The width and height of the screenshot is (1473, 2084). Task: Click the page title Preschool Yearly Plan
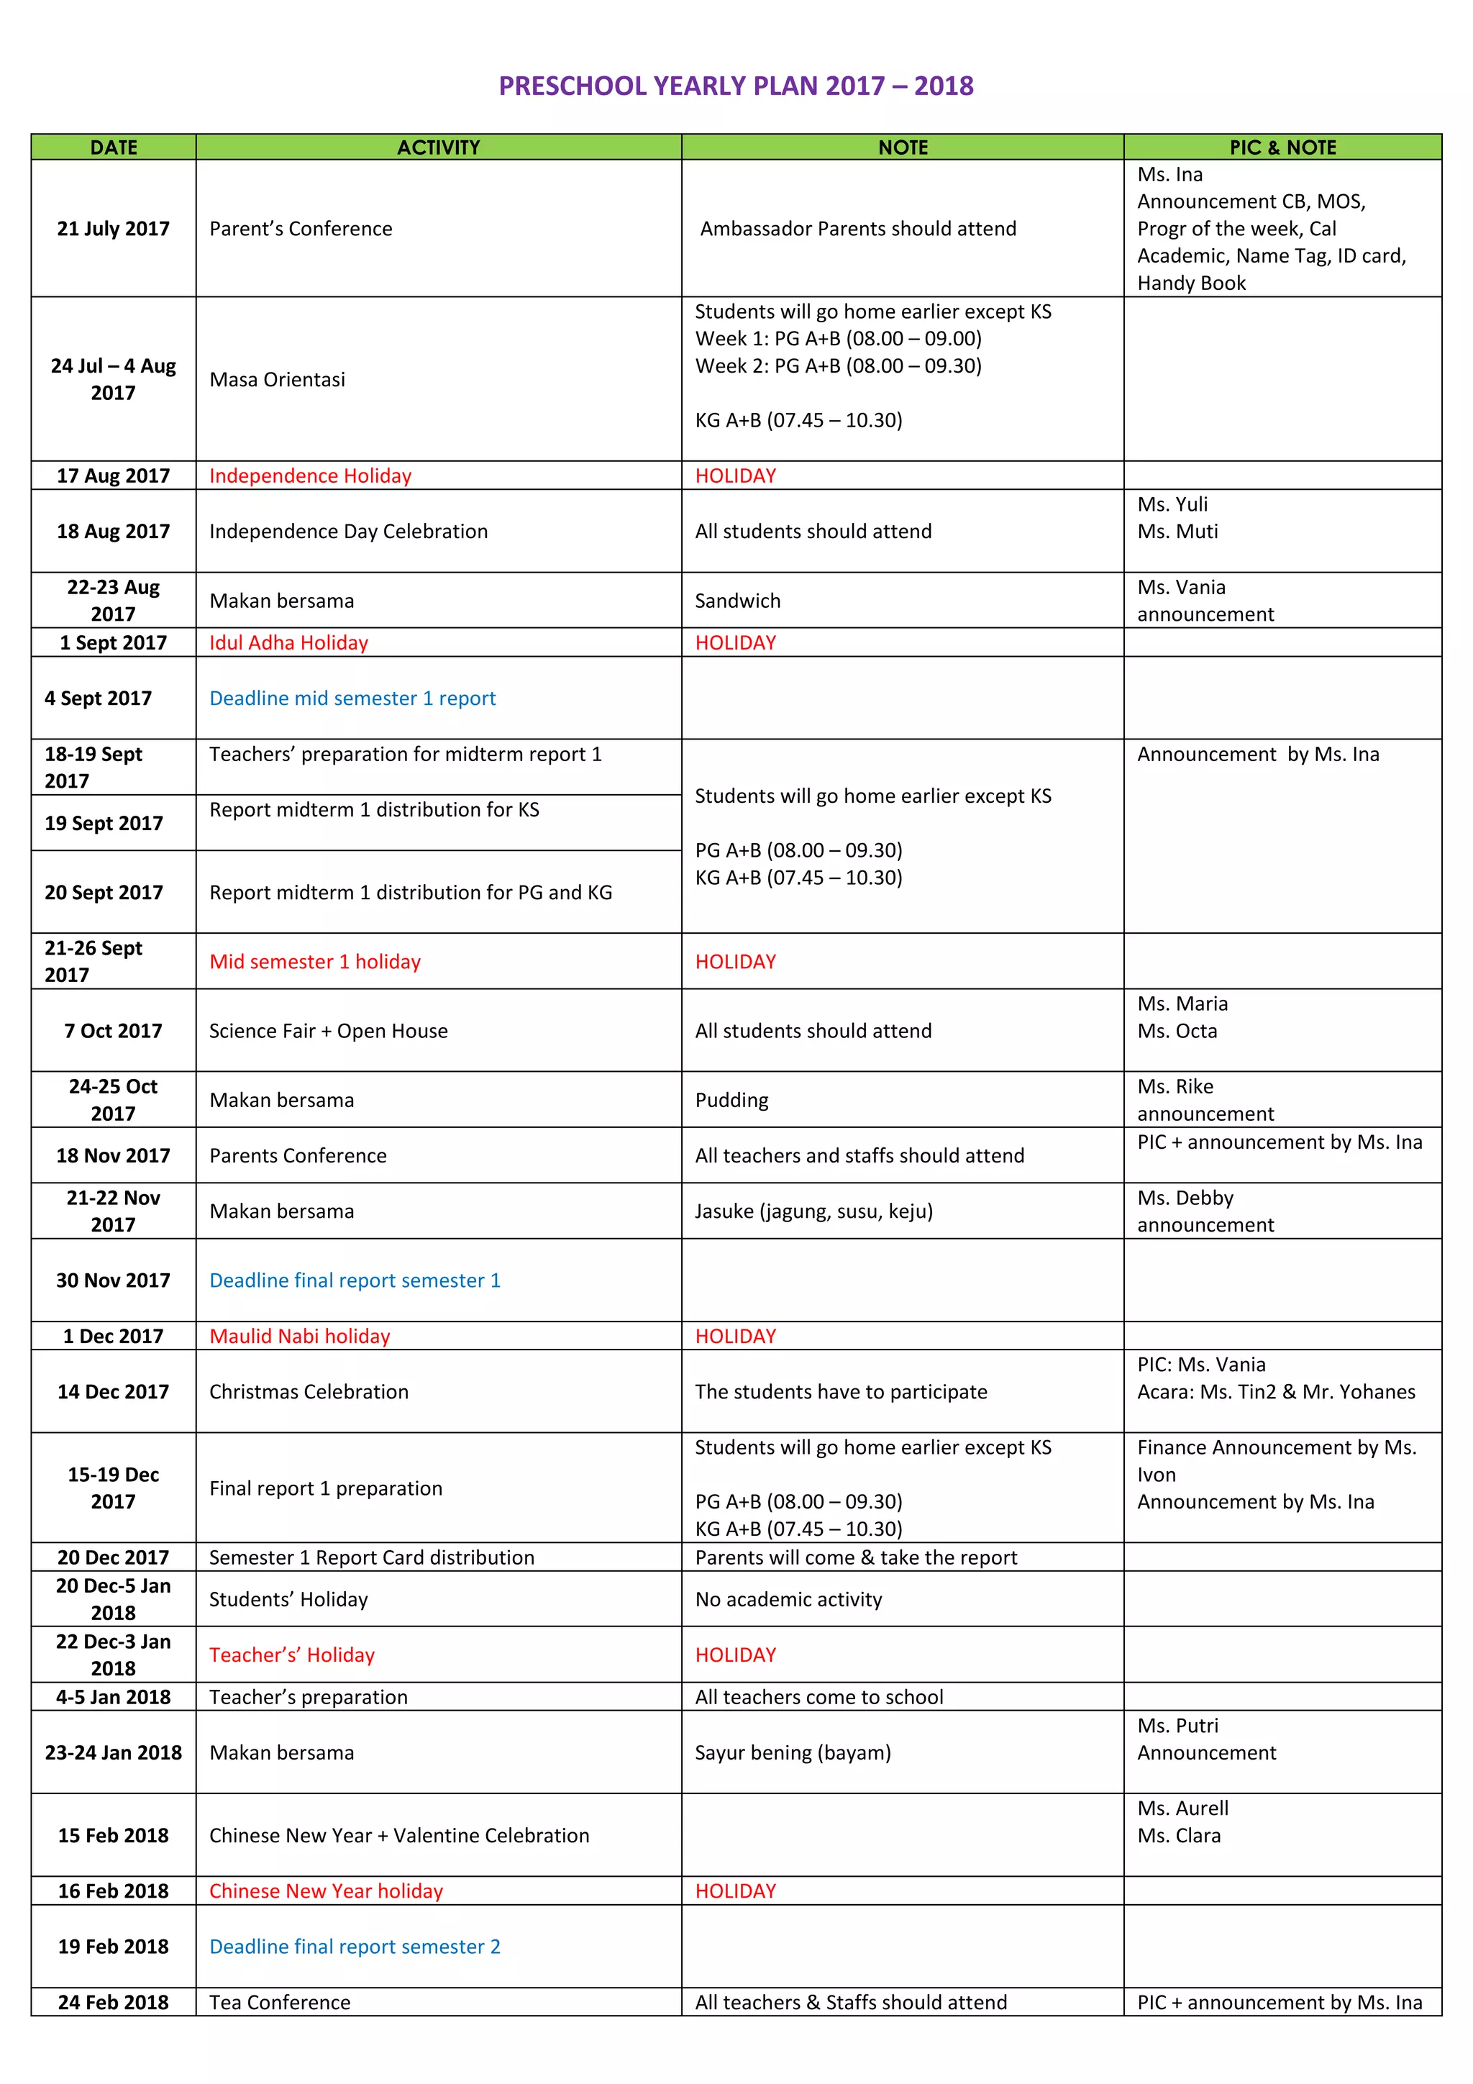[x=735, y=86]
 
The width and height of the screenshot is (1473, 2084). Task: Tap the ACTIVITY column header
[x=438, y=147]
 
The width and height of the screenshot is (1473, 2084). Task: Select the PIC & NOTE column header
[x=1282, y=147]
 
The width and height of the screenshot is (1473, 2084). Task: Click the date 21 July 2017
[x=114, y=229]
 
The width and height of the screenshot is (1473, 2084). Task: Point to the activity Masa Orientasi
[x=277, y=379]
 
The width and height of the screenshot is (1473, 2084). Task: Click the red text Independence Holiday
[x=311, y=476]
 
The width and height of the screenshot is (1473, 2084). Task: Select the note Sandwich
[x=737, y=601]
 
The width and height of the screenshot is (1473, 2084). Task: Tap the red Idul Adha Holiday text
[x=288, y=642]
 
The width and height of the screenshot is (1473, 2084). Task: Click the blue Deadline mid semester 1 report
[x=352, y=698]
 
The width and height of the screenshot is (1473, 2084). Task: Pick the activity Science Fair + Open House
[x=329, y=1031]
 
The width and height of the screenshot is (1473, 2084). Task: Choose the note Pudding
[x=731, y=1100]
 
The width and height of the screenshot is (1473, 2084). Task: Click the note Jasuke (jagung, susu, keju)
[x=813, y=1211]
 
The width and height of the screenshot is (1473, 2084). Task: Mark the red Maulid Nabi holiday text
[x=299, y=1336]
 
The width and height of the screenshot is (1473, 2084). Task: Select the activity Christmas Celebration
[x=309, y=1391]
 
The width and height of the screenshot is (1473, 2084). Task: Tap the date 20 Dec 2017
[x=114, y=1557]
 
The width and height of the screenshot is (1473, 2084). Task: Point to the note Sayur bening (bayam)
[x=793, y=1752]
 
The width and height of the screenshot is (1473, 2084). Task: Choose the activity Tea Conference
[x=280, y=2002]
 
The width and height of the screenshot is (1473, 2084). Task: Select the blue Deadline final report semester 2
[x=355, y=1946]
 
